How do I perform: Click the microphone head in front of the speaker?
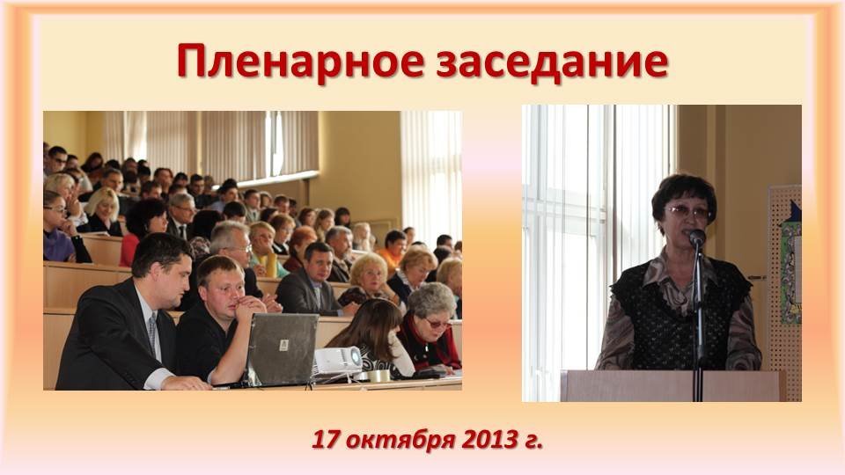pyautogui.click(x=697, y=237)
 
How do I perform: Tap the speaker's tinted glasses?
pyautogui.click(x=688, y=212)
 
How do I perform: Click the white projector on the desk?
pyautogui.click(x=338, y=360)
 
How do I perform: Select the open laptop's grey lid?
pyautogui.click(x=283, y=348)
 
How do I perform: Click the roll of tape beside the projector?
pyautogui.click(x=378, y=376)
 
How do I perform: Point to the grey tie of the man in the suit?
pyautogui.click(x=153, y=334)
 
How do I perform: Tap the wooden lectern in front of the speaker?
pyautogui.click(x=673, y=385)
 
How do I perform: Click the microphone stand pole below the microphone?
pyautogui.click(x=698, y=323)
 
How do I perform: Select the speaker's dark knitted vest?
pyautogui.click(x=680, y=312)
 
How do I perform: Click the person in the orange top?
pyautogui.click(x=392, y=248)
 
